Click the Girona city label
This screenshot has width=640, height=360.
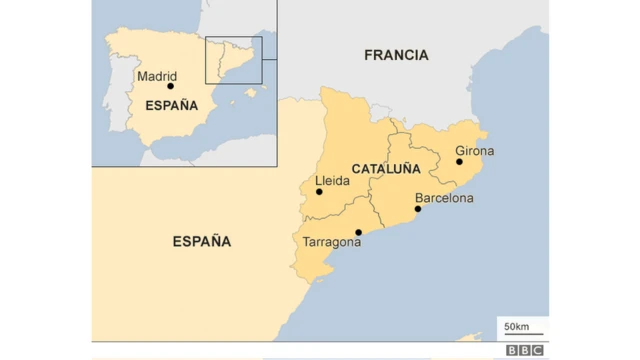[x=475, y=151]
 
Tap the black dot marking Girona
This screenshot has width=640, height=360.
[x=459, y=161]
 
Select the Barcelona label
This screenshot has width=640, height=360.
[x=444, y=198]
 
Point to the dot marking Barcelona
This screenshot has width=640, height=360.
[x=418, y=209]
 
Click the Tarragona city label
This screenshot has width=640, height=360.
[x=332, y=242]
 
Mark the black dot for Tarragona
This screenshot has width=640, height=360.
[x=358, y=232]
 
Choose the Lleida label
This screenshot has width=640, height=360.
[x=332, y=181]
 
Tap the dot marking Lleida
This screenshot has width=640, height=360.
[x=319, y=191]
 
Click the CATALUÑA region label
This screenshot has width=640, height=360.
[x=386, y=168]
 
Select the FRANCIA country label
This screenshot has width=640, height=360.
[x=396, y=55]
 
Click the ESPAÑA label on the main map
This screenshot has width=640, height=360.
[x=201, y=241]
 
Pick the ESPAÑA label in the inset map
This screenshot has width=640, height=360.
[x=172, y=105]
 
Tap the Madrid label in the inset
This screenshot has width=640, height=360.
[x=157, y=75]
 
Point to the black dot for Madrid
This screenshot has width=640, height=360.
[x=170, y=86]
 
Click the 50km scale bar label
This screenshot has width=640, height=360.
[x=517, y=326]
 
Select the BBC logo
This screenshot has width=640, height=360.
[x=524, y=350]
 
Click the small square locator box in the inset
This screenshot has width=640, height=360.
[x=233, y=60]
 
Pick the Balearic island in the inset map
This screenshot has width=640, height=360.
[x=250, y=93]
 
